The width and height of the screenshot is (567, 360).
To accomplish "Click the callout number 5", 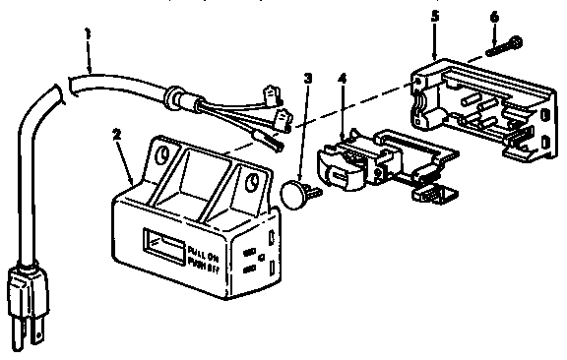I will (x=434, y=17).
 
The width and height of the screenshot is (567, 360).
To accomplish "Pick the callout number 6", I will (x=494, y=17).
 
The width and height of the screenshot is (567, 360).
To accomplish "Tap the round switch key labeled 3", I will (x=294, y=194).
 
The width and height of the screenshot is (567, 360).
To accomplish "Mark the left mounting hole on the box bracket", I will (x=157, y=155).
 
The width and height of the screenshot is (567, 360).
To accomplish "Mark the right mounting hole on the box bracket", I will (x=254, y=182).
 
